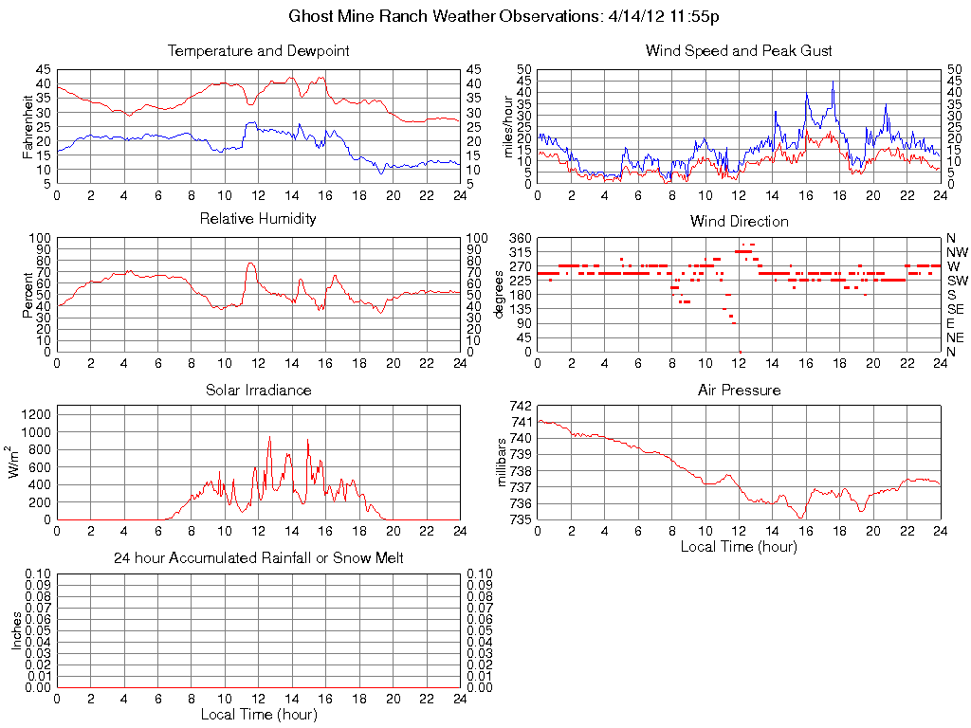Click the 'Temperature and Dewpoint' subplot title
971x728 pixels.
pos(258,51)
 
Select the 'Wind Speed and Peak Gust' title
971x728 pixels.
pos(739,51)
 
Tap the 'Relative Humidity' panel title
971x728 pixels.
pos(258,220)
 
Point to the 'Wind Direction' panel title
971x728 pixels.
pos(739,222)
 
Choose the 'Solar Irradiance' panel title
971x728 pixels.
pos(258,390)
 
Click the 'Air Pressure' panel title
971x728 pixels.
pos(739,390)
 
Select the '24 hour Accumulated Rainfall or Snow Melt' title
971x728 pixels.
pos(258,558)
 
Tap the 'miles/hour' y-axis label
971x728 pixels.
pos(507,126)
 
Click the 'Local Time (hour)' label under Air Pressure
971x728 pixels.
pos(739,546)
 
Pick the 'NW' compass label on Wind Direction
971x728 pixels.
pos(957,252)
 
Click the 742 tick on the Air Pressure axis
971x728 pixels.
pos(521,406)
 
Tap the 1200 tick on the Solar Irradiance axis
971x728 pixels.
pos(35,414)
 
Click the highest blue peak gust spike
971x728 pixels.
pos(833,82)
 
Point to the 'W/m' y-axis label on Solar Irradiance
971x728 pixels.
pos(17,461)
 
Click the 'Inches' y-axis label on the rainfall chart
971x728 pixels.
pos(17,630)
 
